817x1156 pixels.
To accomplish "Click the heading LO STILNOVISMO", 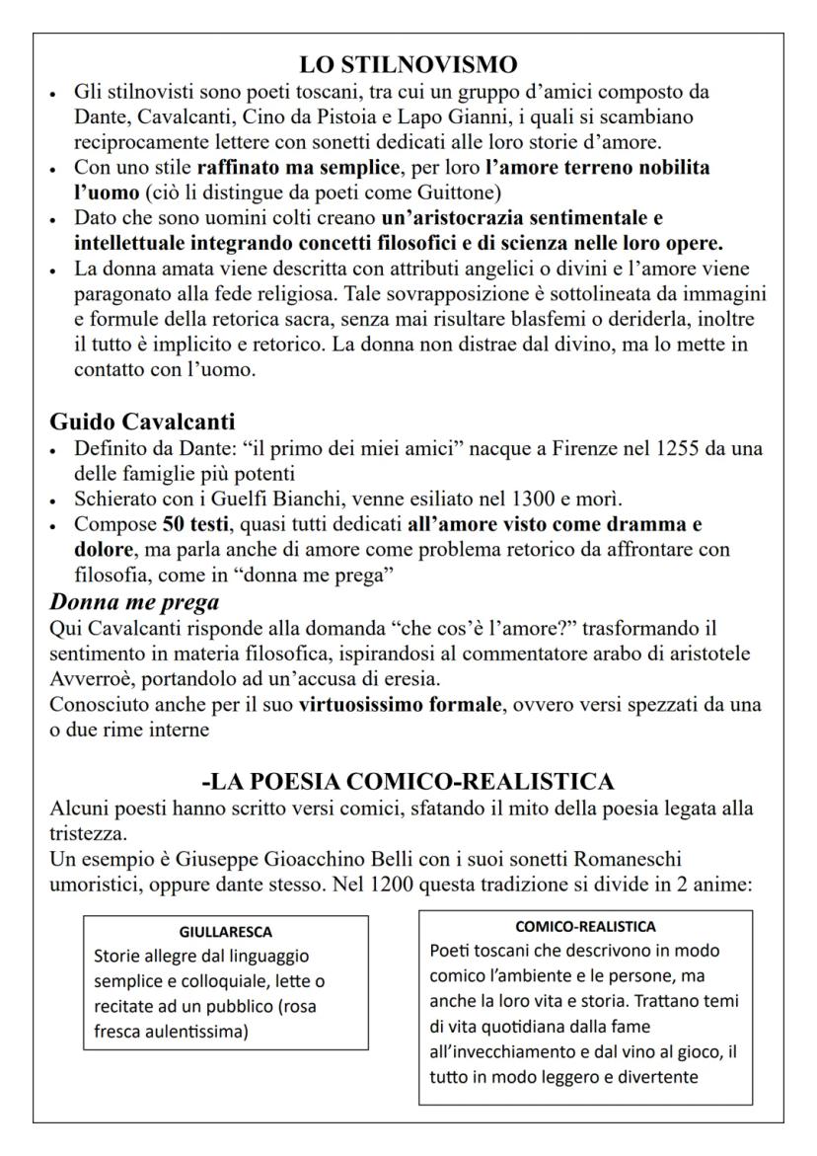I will tap(408, 65).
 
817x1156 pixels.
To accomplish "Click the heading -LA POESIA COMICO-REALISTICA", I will tap(408, 782).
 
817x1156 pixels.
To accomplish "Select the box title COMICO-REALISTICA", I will tap(585, 927).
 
